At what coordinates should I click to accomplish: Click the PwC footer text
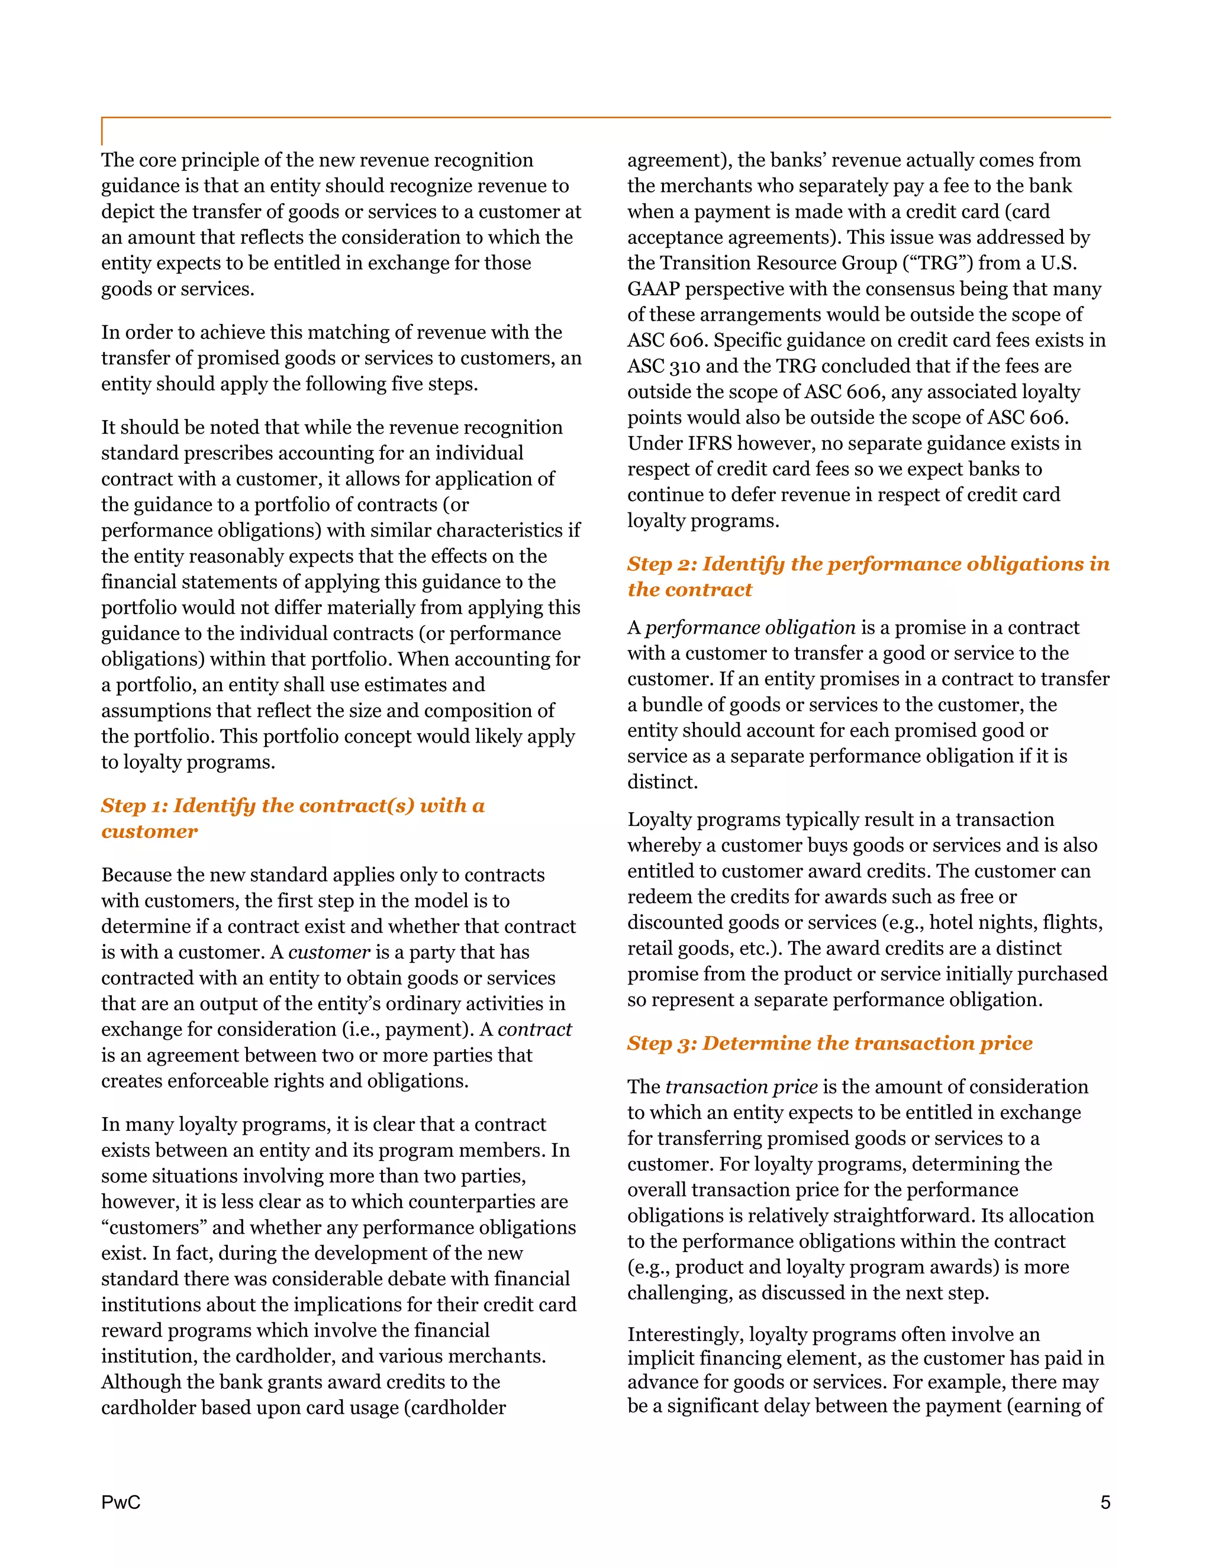pos(121,1502)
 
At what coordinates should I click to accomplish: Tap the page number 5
pos(1105,1502)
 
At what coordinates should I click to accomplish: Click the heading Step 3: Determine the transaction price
pos(829,1043)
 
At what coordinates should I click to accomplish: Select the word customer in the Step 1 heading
pos(149,831)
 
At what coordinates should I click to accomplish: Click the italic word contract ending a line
pos(534,1030)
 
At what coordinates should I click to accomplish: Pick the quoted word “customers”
pos(154,1228)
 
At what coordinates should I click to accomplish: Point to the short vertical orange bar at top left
pos(102,131)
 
